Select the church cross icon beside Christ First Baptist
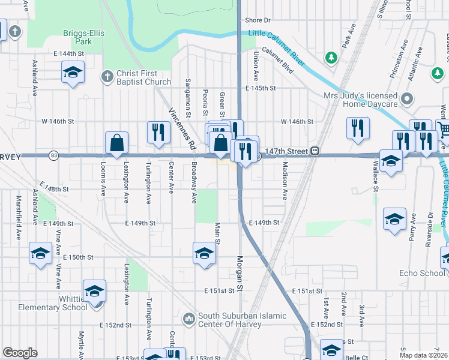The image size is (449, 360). [x=107, y=76]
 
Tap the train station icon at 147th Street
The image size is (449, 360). [x=314, y=151]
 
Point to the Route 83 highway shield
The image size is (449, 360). [x=53, y=155]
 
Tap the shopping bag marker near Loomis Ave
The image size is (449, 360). [x=116, y=143]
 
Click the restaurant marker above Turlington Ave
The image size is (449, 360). [x=158, y=131]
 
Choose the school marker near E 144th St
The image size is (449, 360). [x=73, y=73]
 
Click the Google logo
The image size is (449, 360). [x=20, y=353]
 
